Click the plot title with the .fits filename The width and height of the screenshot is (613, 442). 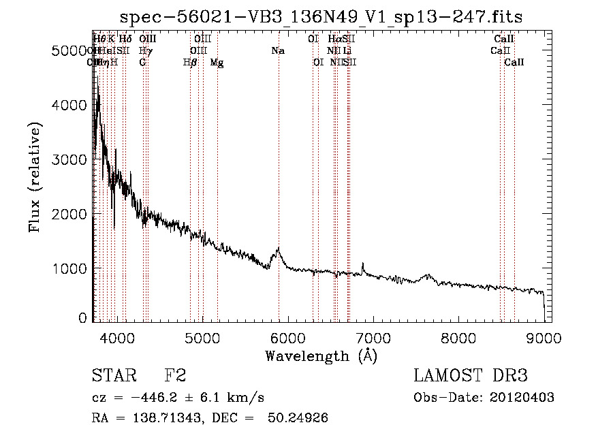[321, 16]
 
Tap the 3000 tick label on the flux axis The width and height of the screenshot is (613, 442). [69, 159]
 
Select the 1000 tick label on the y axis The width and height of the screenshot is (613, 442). [69, 268]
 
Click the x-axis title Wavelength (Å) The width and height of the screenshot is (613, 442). [321, 356]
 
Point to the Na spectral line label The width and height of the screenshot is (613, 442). [278, 51]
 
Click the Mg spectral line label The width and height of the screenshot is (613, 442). [217, 63]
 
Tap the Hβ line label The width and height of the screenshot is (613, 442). [190, 63]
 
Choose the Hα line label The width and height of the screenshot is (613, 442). [334, 40]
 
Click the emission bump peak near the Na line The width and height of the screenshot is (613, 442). [278, 249]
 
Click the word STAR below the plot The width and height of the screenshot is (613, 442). [113, 376]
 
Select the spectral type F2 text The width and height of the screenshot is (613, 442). [175, 376]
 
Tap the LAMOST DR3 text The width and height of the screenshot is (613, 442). [471, 376]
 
